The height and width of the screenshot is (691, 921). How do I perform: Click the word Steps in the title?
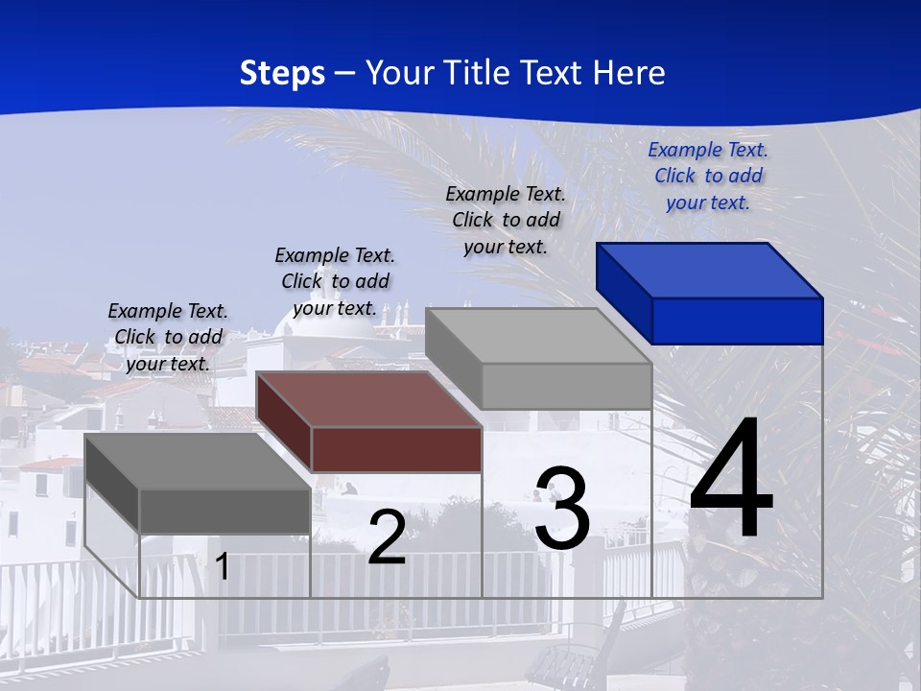click(282, 73)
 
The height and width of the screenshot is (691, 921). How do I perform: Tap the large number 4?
click(731, 480)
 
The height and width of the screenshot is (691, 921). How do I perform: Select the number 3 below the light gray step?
click(562, 509)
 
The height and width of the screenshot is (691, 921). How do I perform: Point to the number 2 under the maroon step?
click(387, 537)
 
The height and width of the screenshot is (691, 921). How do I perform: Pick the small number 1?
click(223, 566)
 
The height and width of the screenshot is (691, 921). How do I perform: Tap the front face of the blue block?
click(737, 321)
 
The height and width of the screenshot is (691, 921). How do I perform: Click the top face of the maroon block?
click(368, 398)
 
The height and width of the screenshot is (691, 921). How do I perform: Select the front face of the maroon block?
click(396, 449)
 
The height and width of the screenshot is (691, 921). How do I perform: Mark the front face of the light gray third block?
click(566, 386)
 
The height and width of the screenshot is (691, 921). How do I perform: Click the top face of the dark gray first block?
click(198, 461)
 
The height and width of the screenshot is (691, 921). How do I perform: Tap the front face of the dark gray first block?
click(224, 511)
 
